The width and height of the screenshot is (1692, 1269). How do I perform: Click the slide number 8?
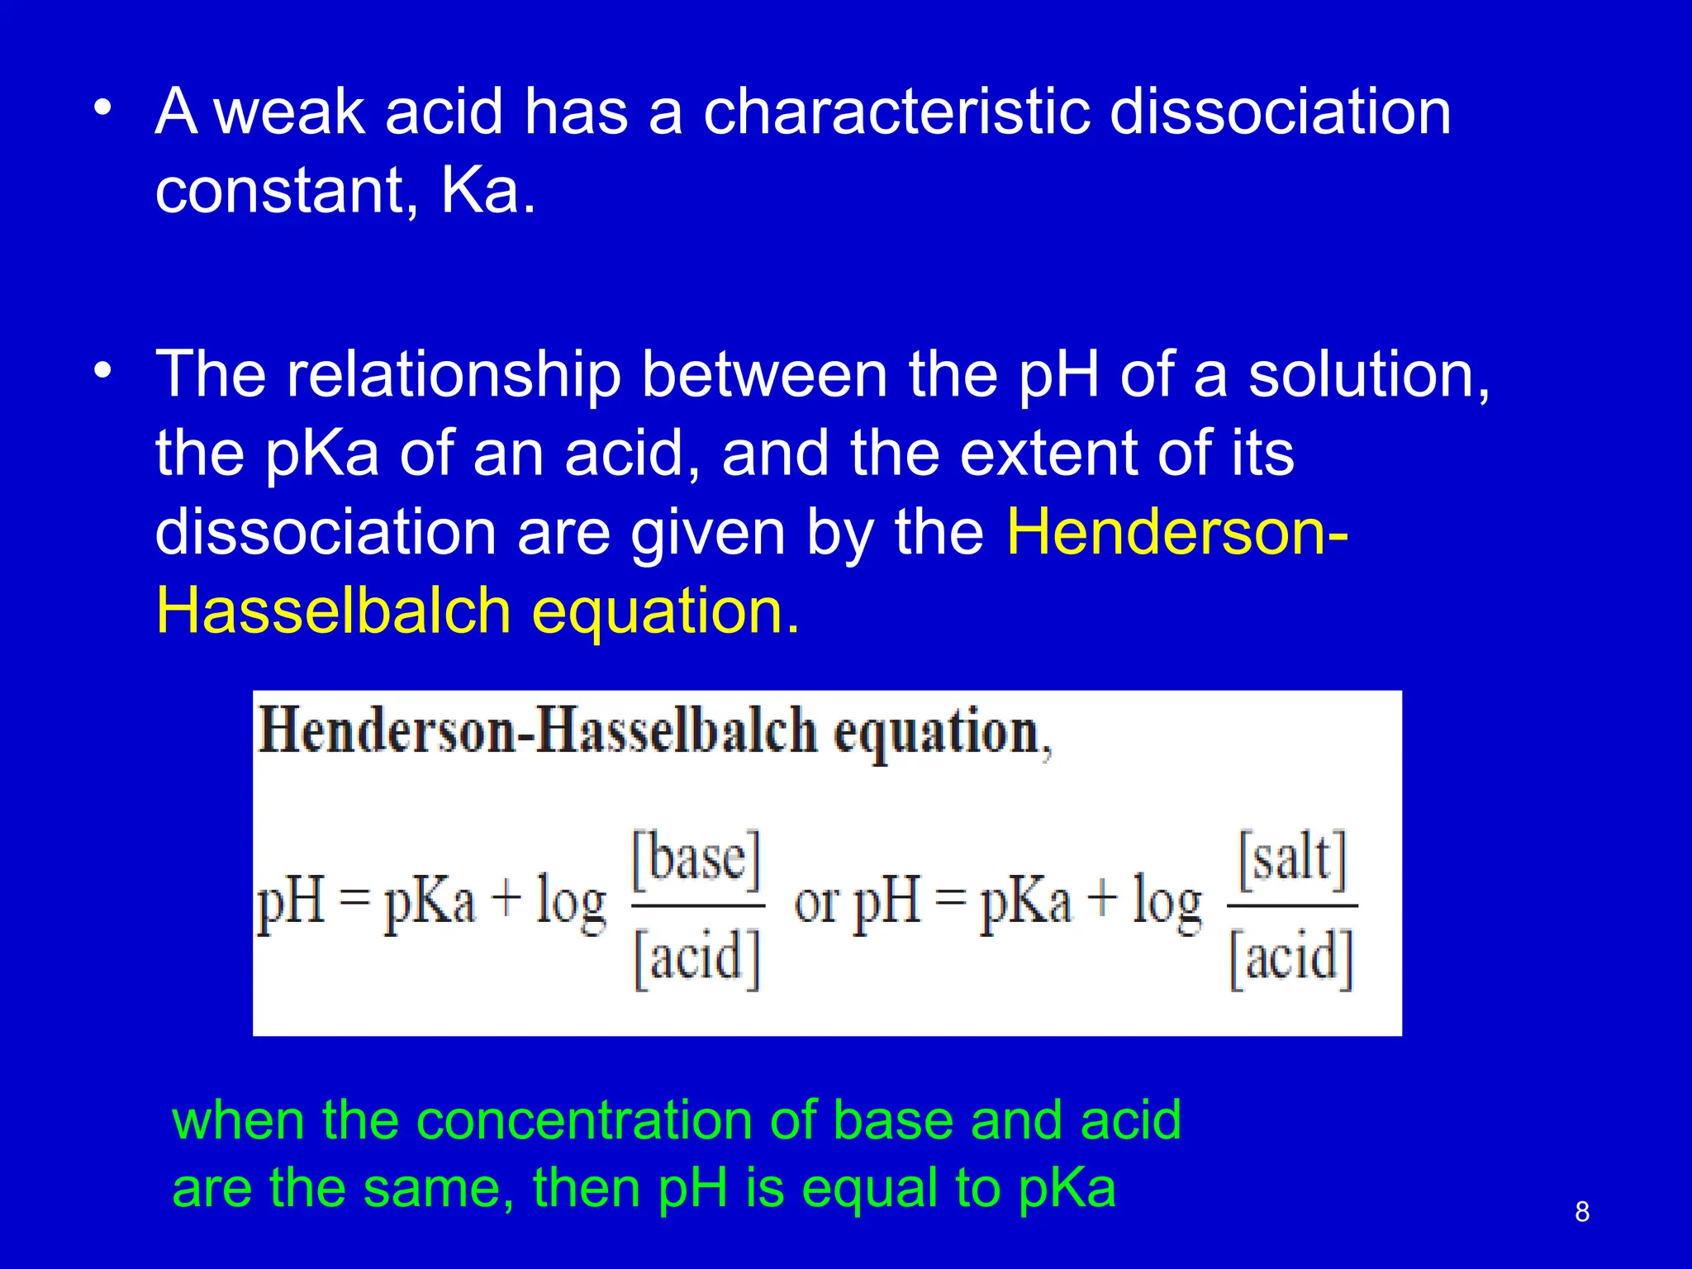[x=1582, y=1212]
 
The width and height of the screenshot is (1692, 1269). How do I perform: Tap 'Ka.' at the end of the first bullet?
[x=488, y=191]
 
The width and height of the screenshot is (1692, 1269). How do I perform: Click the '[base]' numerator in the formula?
[x=696, y=859]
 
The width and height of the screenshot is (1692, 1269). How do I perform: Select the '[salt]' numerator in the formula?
[x=1293, y=859]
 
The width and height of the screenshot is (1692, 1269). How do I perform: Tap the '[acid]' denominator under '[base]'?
[x=696, y=958]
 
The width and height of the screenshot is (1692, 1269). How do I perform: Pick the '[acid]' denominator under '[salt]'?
[x=1292, y=958]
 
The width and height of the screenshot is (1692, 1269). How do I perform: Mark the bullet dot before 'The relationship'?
[x=102, y=371]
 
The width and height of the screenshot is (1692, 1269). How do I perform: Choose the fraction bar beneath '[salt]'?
[x=1292, y=906]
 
